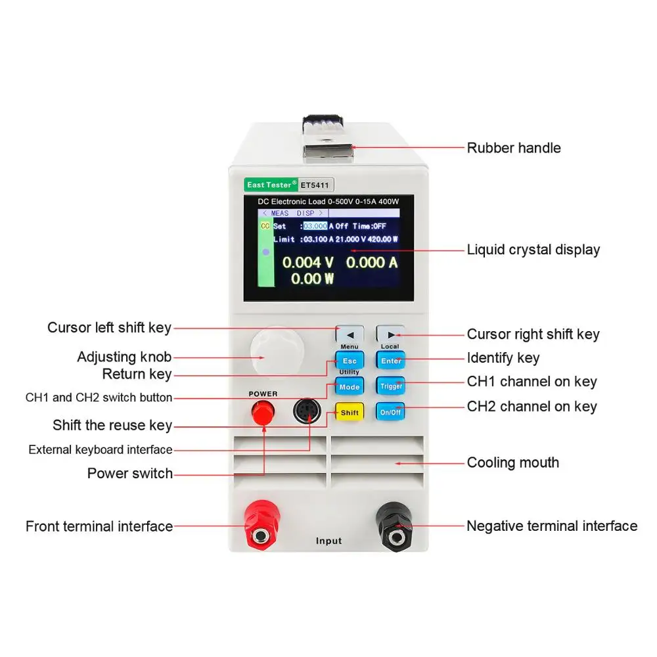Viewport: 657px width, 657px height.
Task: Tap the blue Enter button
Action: click(x=390, y=361)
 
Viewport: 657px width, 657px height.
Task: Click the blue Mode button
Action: click(x=349, y=387)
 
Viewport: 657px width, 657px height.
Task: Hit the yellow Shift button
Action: click(x=349, y=413)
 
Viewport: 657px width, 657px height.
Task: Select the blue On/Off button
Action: click(x=390, y=413)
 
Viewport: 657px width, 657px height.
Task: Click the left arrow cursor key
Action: click(x=350, y=333)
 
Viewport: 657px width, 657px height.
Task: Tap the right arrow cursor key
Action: click(x=390, y=333)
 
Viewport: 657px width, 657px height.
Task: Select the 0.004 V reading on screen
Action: click(x=308, y=263)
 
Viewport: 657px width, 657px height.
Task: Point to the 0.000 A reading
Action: click(x=372, y=263)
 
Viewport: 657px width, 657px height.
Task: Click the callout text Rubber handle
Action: click(x=514, y=148)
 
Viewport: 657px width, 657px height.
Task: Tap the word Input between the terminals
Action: click(x=328, y=541)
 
